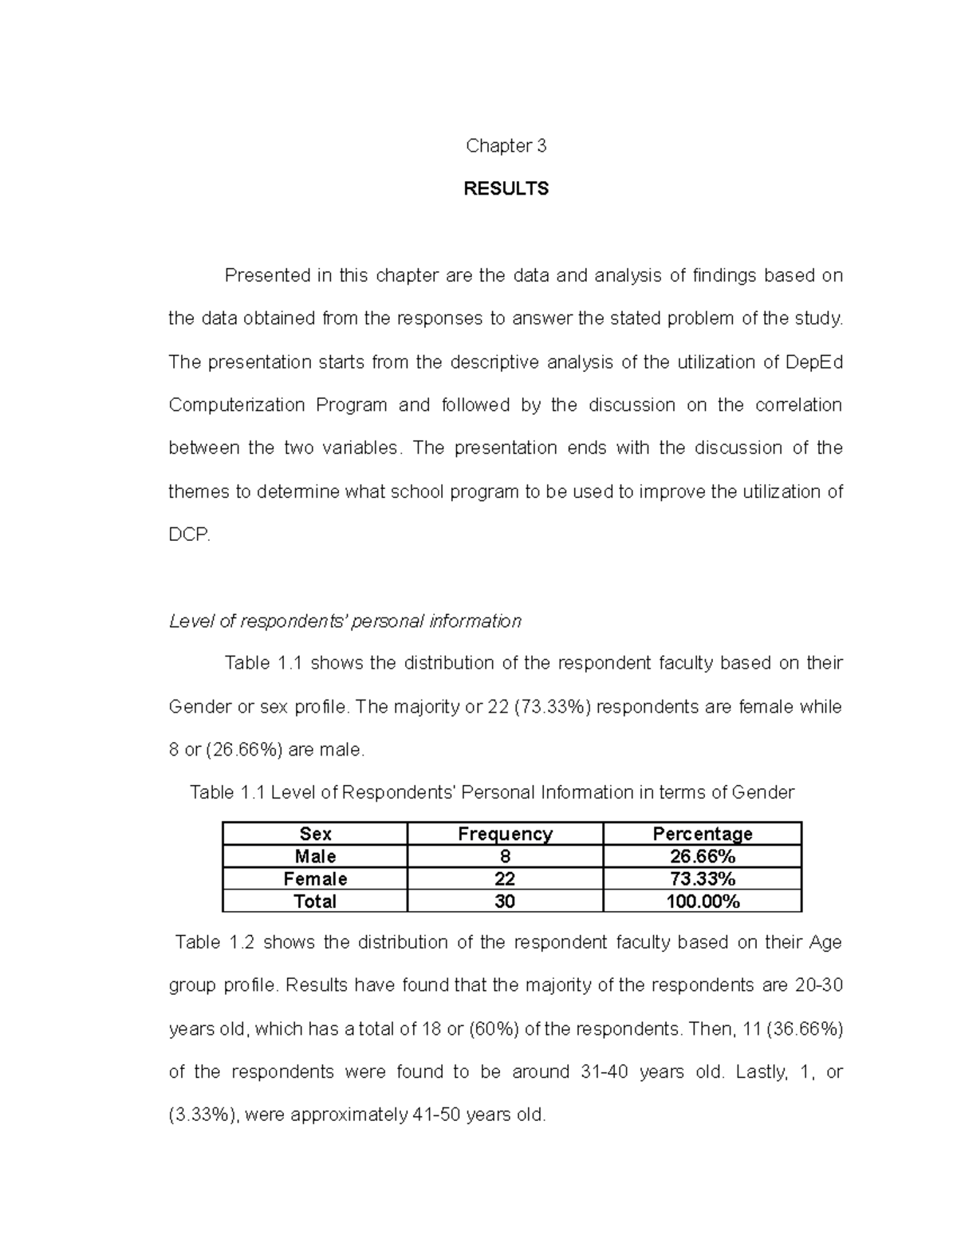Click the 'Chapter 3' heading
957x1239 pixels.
click(x=506, y=146)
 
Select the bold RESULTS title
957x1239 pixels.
click(x=506, y=189)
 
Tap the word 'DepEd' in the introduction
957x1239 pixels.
click(x=814, y=362)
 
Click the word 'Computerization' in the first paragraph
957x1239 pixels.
click(x=236, y=405)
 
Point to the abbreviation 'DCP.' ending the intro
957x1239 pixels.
click(x=190, y=535)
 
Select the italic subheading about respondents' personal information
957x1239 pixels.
click(x=345, y=621)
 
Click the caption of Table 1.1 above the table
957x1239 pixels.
click(x=491, y=792)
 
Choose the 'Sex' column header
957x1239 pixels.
click(x=315, y=834)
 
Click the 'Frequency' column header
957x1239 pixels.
click(x=505, y=834)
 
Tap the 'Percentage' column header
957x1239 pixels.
click(x=702, y=834)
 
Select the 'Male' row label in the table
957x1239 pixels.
click(x=315, y=856)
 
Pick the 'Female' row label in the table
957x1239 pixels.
click(x=315, y=878)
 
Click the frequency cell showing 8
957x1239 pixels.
click(x=505, y=856)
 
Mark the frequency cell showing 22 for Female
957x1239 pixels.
click(x=505, y=878)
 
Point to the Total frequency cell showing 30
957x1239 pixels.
click(x=505, y=902)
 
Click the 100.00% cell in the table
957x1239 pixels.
click(x=702, y=902)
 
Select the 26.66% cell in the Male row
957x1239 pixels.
click(x=702, y=856)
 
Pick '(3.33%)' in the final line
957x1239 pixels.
click(x=203, y=1115)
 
